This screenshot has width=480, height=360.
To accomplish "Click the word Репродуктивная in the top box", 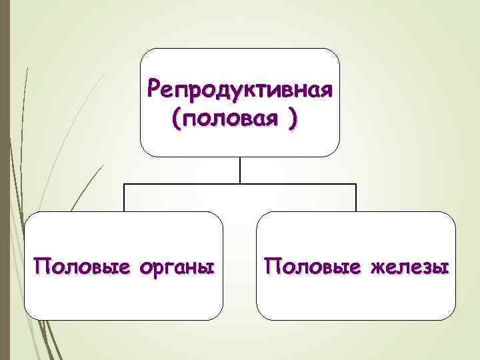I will click(x=241, y=89).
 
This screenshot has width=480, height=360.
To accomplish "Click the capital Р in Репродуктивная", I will click(x=155, y=88).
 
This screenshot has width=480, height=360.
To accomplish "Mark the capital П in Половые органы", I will click(x=41, y=267).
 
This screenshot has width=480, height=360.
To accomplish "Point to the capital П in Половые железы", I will click(x=271, y=267).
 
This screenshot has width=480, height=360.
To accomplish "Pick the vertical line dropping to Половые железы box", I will click(x=356, y=198).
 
